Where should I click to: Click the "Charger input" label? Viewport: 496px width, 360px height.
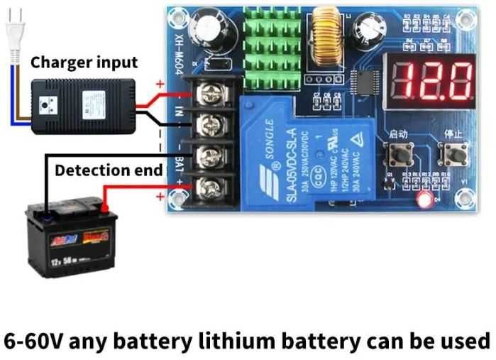click(x=84, y=62)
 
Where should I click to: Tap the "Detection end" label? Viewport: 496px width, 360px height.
click(x=109, y=170)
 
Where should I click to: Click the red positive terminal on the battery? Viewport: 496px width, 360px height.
click(x=104, y=209)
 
